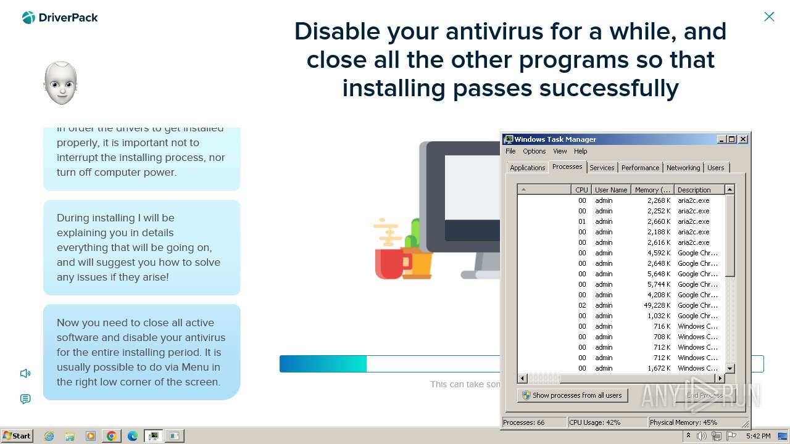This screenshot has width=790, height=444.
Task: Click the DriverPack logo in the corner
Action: pos(60,17)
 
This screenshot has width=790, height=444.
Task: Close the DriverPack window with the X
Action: pos(769,17)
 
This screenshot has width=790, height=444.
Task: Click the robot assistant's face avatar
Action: pos(60,83)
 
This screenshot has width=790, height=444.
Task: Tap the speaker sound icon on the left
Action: pos(25,373)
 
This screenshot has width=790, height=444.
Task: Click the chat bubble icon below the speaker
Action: pos(25,399)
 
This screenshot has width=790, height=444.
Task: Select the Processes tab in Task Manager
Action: pos(567,167)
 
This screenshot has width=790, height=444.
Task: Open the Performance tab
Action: pos(640,168)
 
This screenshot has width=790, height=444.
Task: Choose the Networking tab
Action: pos(683,168)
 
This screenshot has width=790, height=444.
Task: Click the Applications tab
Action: pos(527,168)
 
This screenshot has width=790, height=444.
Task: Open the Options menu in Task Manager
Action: pos(534,151)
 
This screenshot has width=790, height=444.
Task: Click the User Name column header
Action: pos(610,190)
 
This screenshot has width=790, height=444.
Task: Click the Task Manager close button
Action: pos(743,139)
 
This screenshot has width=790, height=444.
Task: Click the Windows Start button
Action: pos(17,435)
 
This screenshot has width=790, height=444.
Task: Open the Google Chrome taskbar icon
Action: pos(111,436)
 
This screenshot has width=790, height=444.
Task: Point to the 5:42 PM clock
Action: pos(757,436)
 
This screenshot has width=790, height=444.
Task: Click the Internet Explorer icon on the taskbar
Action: pos(49,436)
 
